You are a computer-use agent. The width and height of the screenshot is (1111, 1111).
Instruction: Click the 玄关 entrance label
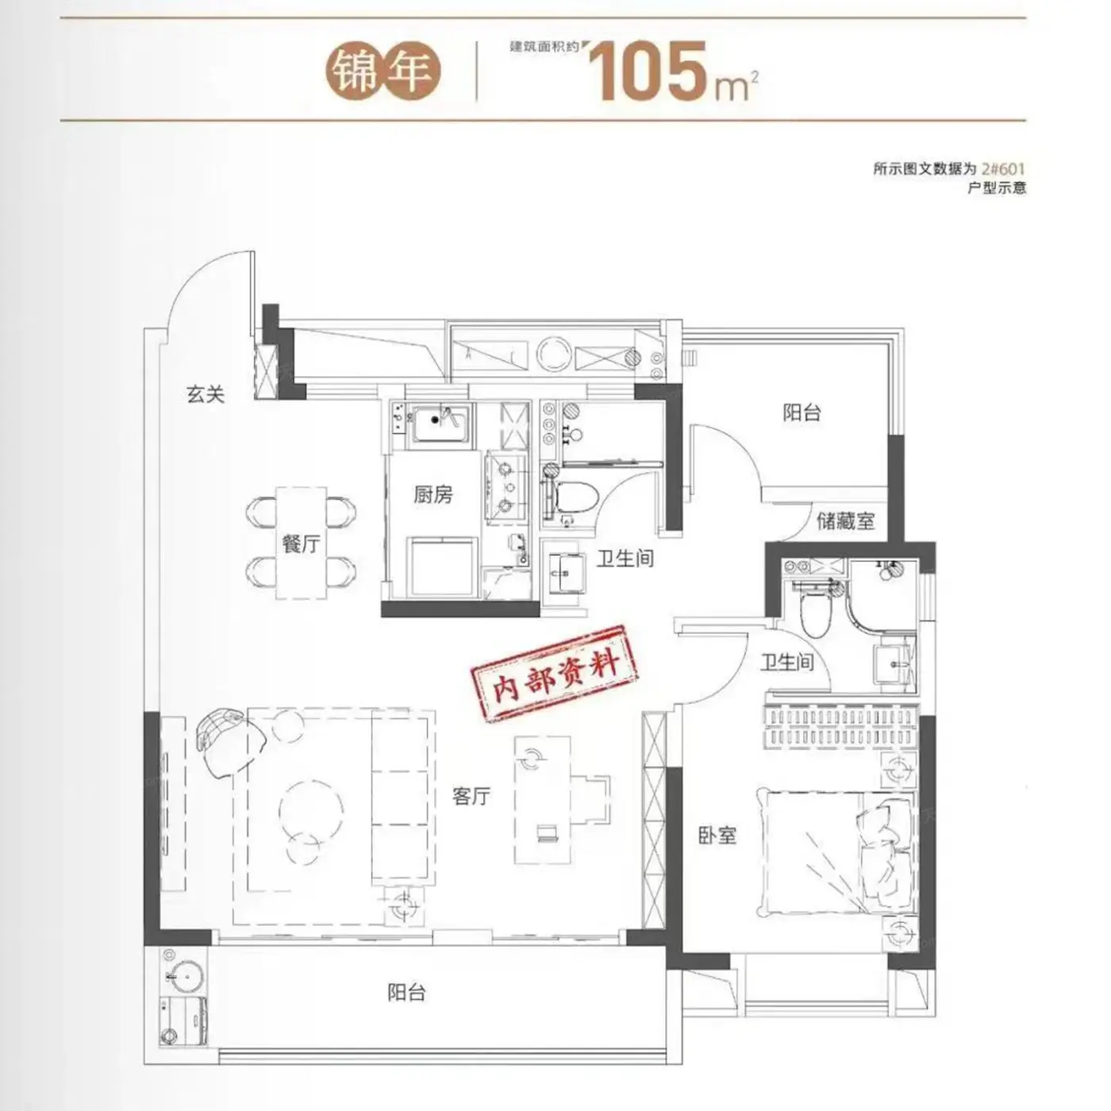(x=206, y=395)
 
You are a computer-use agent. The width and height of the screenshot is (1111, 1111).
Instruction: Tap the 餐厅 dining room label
(x=301, y=544)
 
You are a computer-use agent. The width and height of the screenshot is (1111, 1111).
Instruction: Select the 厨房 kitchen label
(x=433, y=494)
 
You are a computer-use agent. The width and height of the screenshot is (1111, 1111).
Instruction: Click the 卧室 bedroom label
(x=717, y=836)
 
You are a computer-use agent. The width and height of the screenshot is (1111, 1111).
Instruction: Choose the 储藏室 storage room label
(x=845, y=521)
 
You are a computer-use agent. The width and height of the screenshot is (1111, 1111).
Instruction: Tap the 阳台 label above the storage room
(x=802, y=413)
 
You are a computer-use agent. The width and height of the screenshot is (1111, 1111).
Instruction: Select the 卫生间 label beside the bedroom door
(x=787, y=662)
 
